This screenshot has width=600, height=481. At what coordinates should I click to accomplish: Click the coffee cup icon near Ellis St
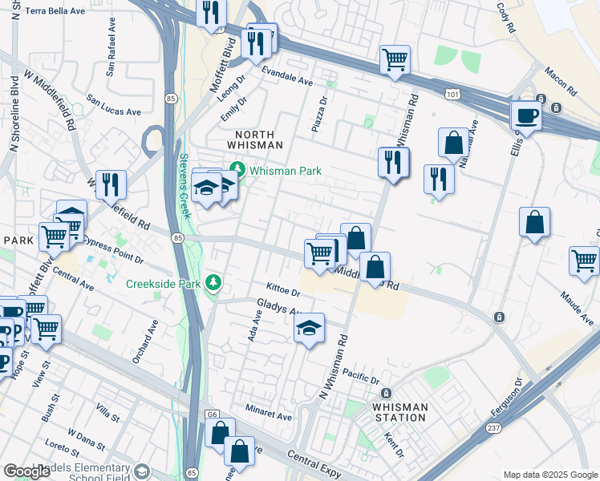(525, 115)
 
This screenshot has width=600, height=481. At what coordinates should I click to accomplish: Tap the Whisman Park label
(285, 171)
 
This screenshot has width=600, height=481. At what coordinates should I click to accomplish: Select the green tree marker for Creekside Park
(213, 282)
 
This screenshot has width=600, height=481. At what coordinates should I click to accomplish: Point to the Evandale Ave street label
(288, 81)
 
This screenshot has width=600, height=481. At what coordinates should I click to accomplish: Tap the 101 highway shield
(453, 95)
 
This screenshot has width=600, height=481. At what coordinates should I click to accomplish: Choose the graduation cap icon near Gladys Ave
(309, 328)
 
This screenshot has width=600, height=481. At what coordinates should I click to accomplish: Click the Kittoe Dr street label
(283, 287)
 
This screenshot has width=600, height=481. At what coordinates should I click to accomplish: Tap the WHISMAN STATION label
(399, 412)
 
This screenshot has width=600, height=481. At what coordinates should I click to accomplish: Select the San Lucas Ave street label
(114, 107)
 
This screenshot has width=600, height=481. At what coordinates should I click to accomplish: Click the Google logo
(26, 471)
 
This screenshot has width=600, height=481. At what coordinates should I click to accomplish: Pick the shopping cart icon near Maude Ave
(584, 261)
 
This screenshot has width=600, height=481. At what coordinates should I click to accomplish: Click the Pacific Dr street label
(359, 377)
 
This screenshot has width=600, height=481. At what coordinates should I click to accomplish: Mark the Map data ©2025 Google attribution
(549, 475)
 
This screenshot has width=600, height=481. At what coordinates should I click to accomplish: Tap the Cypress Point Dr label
(113, 249)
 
